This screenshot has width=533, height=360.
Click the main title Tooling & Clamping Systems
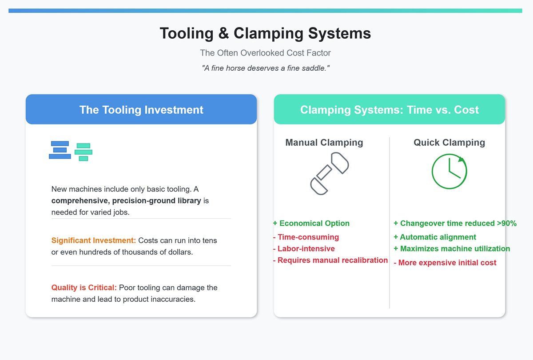[x=265, y=34]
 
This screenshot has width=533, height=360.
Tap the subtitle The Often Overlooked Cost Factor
[x=265, y=53]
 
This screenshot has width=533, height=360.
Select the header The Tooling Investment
[x=141, y=110]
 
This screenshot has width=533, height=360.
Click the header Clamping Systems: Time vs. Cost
[x=389, y=110]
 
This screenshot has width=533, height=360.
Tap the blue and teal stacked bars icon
[x=71, y=151]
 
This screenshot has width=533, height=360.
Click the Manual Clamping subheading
[x=324, y=143]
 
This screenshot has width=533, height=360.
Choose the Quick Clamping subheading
[x=449, y=143]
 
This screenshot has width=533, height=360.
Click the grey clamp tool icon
[x=329, y=173]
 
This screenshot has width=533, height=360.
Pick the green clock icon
[x=449, y=172]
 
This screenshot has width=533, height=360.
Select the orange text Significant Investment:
[x=94, y=240]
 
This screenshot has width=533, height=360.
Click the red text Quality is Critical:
[x=84, y=288]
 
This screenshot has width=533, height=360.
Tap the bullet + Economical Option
[x=311, y=223]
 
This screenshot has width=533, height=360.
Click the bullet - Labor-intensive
[x=304, y=248]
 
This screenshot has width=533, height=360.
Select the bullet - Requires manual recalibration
[x=330, y=260]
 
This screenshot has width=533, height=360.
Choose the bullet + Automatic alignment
[x=435, y=237]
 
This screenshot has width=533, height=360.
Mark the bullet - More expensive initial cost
[x=445, y=262]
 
